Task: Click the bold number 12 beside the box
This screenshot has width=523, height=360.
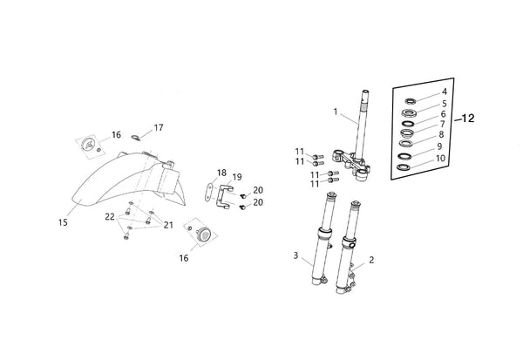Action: coord(468,118)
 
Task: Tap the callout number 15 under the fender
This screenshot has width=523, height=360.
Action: coord(63,222)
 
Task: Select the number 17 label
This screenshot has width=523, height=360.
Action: coord(159,127)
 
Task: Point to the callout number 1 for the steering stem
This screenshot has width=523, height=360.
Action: coord(336,112)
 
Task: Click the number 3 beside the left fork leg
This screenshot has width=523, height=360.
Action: coord(295,255)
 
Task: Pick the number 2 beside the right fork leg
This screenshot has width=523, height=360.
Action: coord(371,260)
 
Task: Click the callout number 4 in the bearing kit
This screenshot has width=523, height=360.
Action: coord(445,92)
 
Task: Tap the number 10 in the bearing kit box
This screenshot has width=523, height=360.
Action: coord(440,158)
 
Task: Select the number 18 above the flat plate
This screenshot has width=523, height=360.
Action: coord(221,173)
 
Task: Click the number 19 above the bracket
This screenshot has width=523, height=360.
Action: coord(237,177)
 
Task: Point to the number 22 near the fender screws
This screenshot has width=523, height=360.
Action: coord(110,217)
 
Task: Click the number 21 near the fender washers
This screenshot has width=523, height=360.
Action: coord(168,225)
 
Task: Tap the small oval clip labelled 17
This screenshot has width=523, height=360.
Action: coord(136,138)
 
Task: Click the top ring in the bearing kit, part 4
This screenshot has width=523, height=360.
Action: coord(411,101)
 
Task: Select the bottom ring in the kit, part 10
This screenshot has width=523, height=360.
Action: coord(404,166)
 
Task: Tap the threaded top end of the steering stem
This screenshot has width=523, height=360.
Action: coord(364,94)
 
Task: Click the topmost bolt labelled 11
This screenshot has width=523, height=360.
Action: coord(318,156)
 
